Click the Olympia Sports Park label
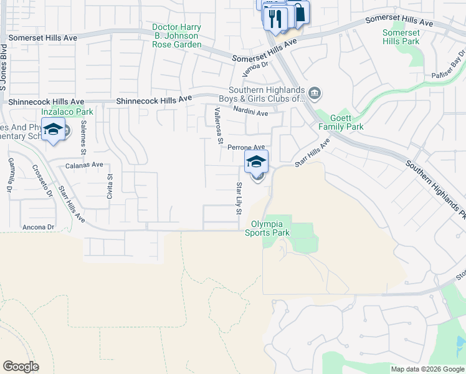point(270,228)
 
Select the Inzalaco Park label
point(67,112)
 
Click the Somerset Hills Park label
point(401,37)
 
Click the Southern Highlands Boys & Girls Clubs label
point(268,93)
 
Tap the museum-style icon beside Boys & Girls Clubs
point(315,94)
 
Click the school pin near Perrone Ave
point(256,162)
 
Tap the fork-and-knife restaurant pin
point(274,17)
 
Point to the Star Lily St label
point(239,198)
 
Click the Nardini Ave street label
point(250,112)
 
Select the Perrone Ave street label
point(246,147)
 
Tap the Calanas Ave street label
point(84,165)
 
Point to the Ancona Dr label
point(37,227)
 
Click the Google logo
point(21,367)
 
